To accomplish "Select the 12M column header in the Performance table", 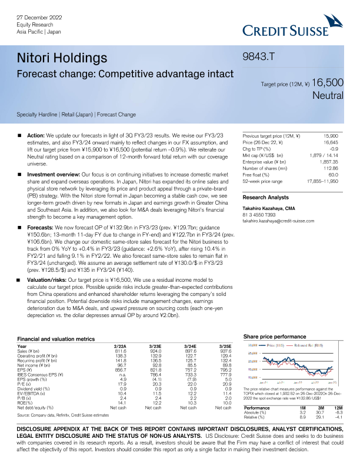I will [338, 407].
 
